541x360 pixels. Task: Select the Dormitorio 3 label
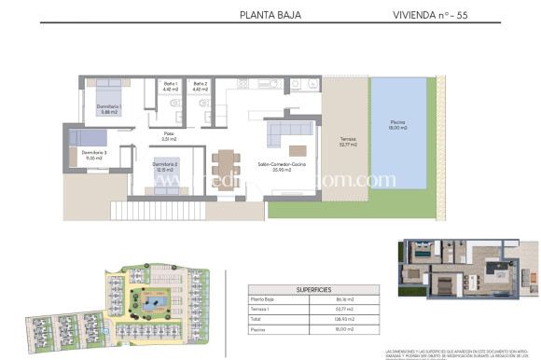[x=94, y=155]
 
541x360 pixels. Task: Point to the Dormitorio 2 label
[x=165, y=168]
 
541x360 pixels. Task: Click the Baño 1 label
[x=170, y=87]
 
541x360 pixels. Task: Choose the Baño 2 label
[x=201, y=87]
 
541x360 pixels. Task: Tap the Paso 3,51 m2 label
[x=169, y=136]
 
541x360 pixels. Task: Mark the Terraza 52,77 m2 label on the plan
[x=349, y=143]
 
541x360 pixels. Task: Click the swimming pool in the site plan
[x=152, y=302]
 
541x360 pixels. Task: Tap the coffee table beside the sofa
[x=297, y=149]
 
